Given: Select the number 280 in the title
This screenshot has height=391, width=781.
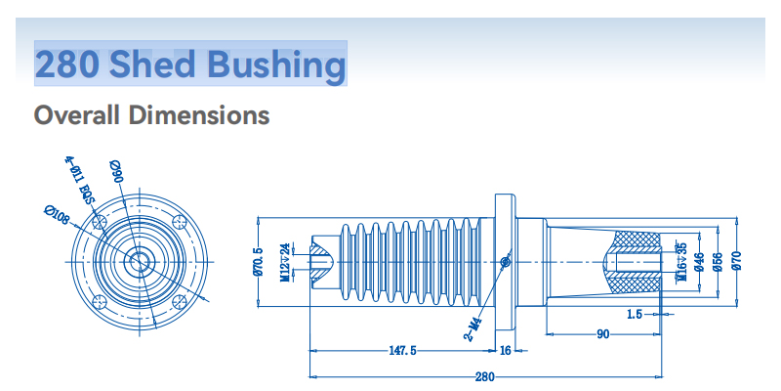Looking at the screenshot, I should pos(67,65).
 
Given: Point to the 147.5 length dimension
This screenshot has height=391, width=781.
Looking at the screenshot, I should pos(402,350).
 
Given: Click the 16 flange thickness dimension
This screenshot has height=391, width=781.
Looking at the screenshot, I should pos(505,350).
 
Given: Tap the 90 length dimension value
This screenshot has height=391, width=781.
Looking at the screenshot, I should pos(603,334).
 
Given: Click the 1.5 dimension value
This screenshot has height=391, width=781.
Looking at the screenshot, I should pos(635,314).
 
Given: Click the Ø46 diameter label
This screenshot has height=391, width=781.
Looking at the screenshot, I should pos(699,261).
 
